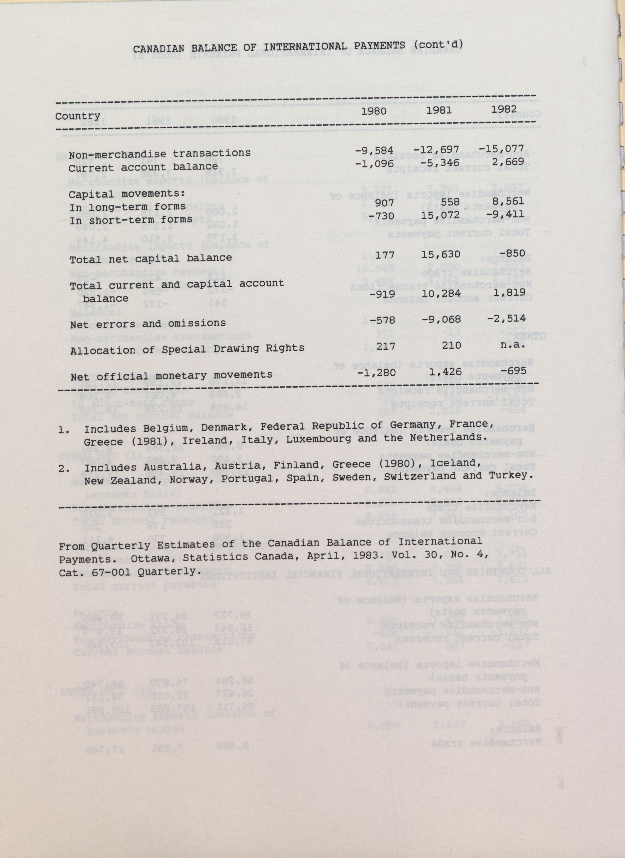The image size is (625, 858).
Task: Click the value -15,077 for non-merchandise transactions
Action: (501, 148)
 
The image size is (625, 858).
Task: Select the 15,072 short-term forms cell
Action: (441, 215)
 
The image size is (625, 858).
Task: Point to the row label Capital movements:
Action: (126, 194)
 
